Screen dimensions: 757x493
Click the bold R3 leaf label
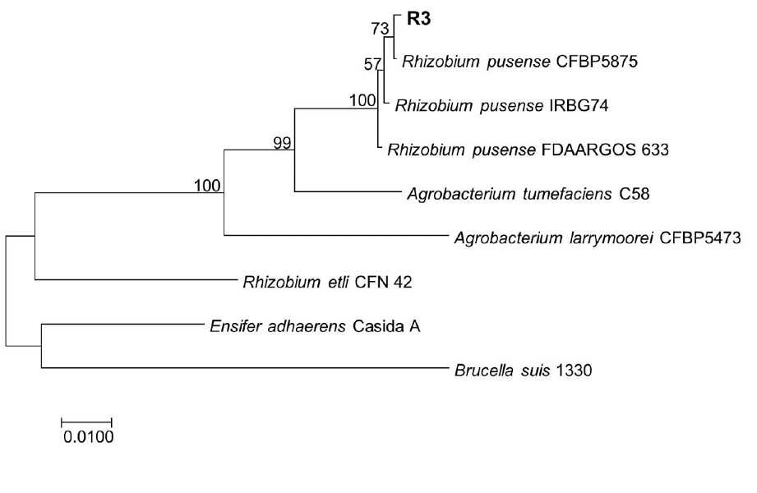(418, 20)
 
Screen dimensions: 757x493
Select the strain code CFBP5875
(597, 62)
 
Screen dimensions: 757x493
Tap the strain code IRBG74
(579, 106)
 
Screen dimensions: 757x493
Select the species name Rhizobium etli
(296, 282)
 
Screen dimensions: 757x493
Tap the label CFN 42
(383, 282)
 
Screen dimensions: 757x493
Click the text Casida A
(386, 326)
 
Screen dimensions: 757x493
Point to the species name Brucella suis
(502, 371)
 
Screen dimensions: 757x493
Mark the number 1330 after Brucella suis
(574, 371)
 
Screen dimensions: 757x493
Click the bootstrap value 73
(380, 29)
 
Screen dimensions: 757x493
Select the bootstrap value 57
(372, 64)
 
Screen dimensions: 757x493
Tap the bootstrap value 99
(283, 143)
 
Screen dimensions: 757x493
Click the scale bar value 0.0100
(88, 437)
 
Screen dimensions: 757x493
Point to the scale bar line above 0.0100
(86, 422)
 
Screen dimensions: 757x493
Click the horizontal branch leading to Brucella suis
(245, 368)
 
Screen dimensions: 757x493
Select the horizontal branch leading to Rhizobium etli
(137, 279)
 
